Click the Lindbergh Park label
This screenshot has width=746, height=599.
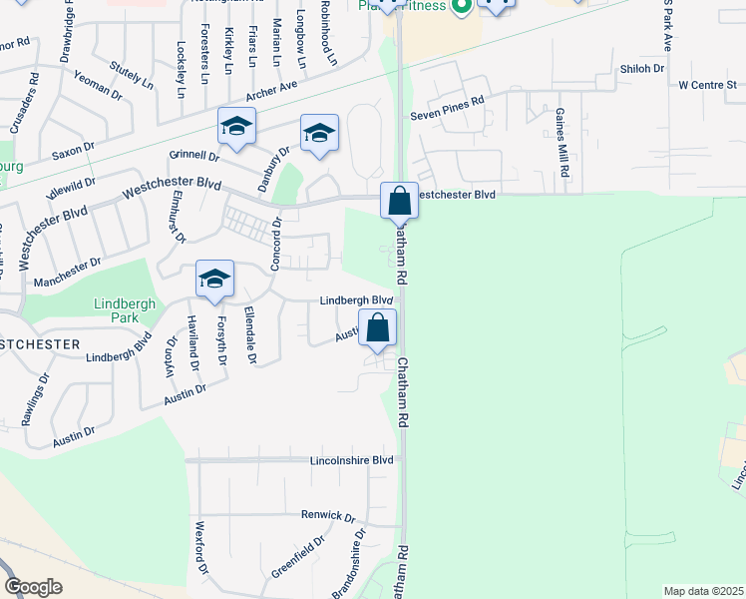[120, 310]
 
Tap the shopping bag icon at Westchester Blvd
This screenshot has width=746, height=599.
[399, 201]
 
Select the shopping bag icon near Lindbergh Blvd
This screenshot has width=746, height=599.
[378, 327]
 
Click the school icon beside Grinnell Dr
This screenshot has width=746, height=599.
[237, 126]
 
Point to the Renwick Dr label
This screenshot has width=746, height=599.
[328, 516]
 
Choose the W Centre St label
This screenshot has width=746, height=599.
[706, 86]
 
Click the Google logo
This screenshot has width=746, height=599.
[33, 587]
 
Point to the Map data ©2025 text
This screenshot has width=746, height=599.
[702, 591]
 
